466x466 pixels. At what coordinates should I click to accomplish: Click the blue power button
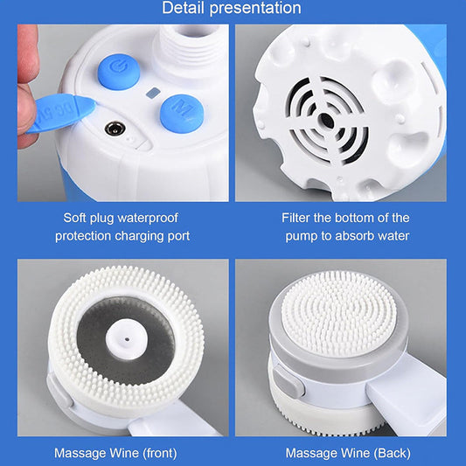pyautogui.click(x=119, y=72)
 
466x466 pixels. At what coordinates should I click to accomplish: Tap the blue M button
pyautogui.click(x=182, y=114)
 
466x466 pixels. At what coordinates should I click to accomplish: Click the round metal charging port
pyautogui.click(x=115, y=129)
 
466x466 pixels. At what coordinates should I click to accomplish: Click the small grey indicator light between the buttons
pyautogui.click(x=153, y=93)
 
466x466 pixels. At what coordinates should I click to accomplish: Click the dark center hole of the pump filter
pyautogui.click(x=326, y=121)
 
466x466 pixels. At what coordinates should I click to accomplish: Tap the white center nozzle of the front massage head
pyautogui.click(x=127, y=339)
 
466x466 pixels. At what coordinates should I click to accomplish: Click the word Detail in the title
pyautogui.click(x=183, y=8)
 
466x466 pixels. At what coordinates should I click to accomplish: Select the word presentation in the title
pyautogui.click(x=255, y=9)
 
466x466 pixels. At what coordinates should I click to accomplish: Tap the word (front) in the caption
pyautogui.click(x=160, y=454)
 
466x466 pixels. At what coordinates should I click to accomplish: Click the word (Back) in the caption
pyautogui.click(x=393, y=454)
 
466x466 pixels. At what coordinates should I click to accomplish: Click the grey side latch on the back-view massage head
pyautogui.click(x=288, y=381)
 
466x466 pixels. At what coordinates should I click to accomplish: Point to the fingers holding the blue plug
pyautogui.click(x=28, y=87)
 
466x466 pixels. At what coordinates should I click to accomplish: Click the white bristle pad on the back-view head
pyautogui.click(x=339, y=310)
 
